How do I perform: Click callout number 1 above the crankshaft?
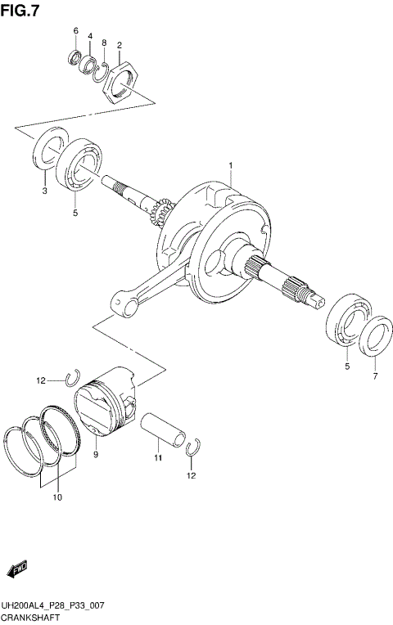click(x=231, y=166)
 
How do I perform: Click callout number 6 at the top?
click(x=75, y=31)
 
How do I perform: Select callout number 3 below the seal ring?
click(x=44, y=191)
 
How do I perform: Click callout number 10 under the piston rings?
click(x=57, y=496)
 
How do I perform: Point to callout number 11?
click(x=158, y=460)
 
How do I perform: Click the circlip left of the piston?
click(x=72, y=378)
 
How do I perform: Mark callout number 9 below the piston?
click(x=96, y=454)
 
